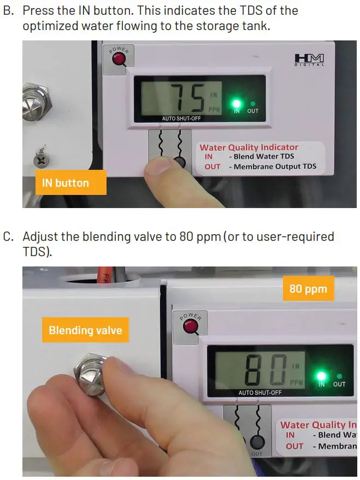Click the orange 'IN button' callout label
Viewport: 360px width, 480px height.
point(65,183)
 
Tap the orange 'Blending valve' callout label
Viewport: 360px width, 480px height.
point(85,330)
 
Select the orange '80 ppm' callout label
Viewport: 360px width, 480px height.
point(308,288)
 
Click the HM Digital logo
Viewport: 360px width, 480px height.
point(309,60)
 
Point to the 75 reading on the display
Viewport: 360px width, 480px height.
point(187,98)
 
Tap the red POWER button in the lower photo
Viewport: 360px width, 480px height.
point(190,327)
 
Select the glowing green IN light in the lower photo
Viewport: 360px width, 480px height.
point(321,376)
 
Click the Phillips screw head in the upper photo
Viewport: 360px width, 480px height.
point(41,159)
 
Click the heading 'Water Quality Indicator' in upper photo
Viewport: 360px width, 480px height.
point(249,147)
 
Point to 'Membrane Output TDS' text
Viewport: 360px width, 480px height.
point(275,167)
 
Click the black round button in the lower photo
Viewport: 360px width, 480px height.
point(256,443)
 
